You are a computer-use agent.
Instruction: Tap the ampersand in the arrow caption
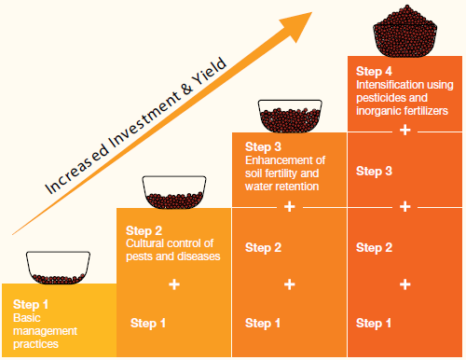pos(187,89)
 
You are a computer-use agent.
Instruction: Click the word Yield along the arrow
pos(210,71)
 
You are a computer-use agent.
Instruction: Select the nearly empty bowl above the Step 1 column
pos(58,268)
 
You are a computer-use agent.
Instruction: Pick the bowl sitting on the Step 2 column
pos(174,192)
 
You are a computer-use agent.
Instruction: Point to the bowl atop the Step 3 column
pos(290,116)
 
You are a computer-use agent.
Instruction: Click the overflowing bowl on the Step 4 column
pos(404,31)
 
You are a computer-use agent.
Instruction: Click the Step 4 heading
pos(374,72)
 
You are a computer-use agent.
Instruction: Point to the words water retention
pos(281,187)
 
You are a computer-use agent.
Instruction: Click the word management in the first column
pos(45,331)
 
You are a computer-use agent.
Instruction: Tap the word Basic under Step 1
pos(27,318)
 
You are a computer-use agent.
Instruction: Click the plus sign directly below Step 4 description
pos(404,130)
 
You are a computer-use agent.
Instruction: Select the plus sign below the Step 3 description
pos(289,206)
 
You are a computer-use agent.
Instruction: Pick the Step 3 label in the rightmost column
pos(374,172)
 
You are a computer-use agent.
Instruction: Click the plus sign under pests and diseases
pos(174,284)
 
